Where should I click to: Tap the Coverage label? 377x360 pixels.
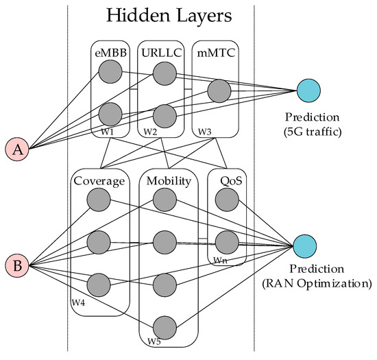100,181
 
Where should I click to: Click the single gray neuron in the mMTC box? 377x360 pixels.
219,90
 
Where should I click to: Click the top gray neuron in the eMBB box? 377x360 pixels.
110,71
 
